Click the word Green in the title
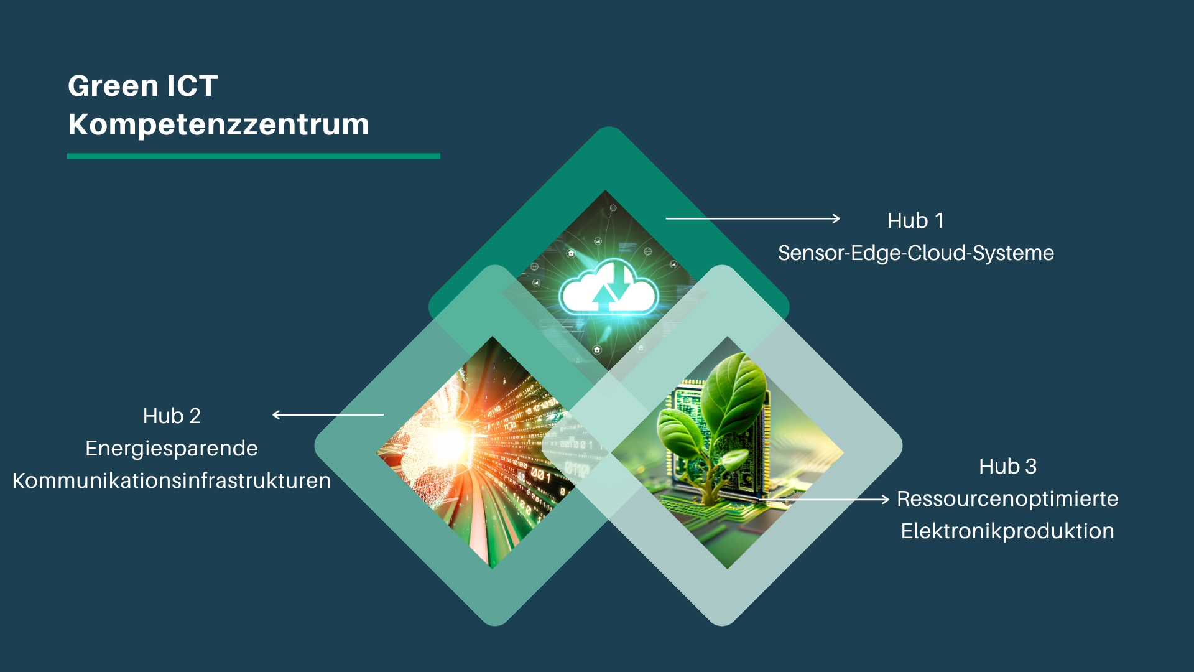113,86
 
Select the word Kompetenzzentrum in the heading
218,125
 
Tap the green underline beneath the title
254,156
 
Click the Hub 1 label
915,220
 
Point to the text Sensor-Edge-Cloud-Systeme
916,253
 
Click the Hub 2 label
172,416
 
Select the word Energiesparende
172,449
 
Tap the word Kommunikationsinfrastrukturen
172,480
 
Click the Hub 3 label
1008,466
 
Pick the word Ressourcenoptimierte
1007,498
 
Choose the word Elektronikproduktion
1007,531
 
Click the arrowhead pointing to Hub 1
836,218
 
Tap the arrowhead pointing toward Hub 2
277,414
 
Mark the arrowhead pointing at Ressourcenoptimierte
886,499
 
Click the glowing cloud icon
608,288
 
